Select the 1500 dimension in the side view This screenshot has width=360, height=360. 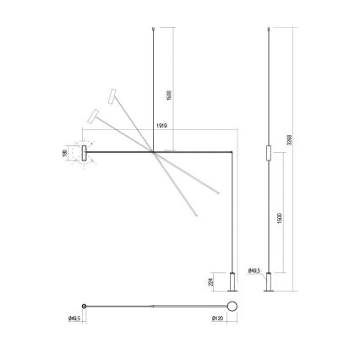click(279, 219)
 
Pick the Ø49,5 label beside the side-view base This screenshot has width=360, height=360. click(254, 271)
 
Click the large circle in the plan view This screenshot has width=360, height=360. click(232, 306)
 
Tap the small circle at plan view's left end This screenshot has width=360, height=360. click(84, 306)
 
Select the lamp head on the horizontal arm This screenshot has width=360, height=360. click(85, 152)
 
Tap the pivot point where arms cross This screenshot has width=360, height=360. click(153, 152)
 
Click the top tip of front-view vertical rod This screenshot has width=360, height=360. click(153, 27)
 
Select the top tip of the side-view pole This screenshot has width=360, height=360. click(268, 27)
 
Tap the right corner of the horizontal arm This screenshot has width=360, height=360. click(232, 152)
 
